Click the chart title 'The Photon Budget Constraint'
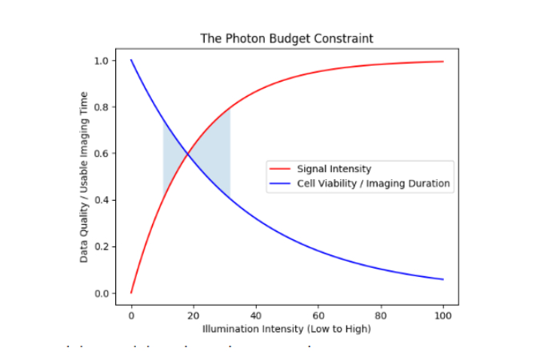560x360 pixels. coord(286,38)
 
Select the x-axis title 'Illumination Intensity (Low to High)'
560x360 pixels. coord(286,329)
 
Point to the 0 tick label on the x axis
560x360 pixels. coord(131,314)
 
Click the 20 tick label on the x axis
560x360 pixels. coord(194,314)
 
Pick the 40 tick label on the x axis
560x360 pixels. coord(256,314)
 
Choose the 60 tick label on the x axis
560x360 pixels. coord(318,314)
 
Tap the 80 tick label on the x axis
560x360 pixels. coord(381,314)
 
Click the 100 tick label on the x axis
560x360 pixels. coord(443,314)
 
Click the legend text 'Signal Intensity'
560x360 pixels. coord(334,169)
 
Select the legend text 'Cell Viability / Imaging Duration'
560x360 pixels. coord(374,183)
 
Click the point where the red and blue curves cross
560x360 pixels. coord(188,154)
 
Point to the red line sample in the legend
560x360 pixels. coord(282,169)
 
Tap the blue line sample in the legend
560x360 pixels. coord(282,183)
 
